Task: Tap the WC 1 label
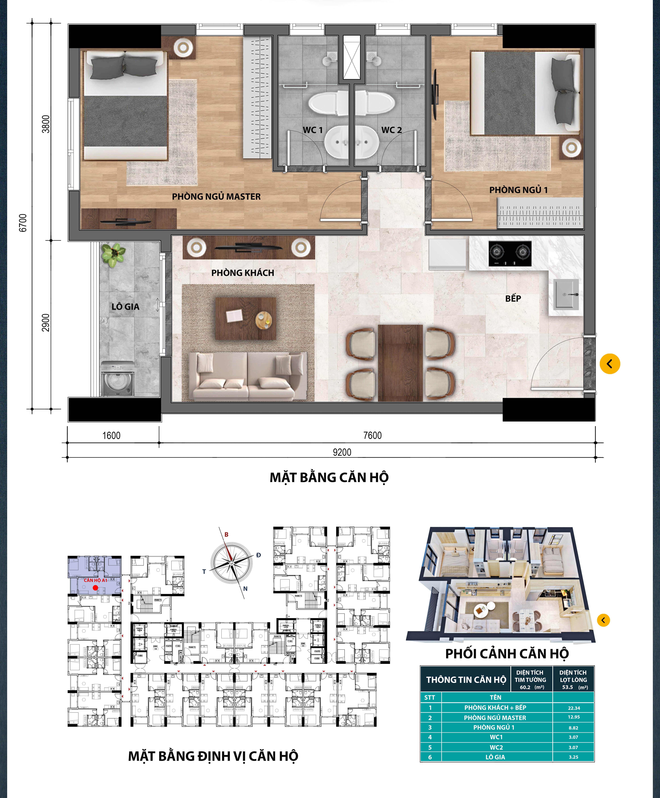(x=313, y=130)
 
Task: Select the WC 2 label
(x=391, y=130)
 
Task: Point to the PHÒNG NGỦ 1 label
(x=518, y=190)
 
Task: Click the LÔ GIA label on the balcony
(x=125, y=307)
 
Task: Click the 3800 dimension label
(x=46, y=124)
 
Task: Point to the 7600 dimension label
(x=372, y=435)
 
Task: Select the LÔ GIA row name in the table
(x=495, y=757)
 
